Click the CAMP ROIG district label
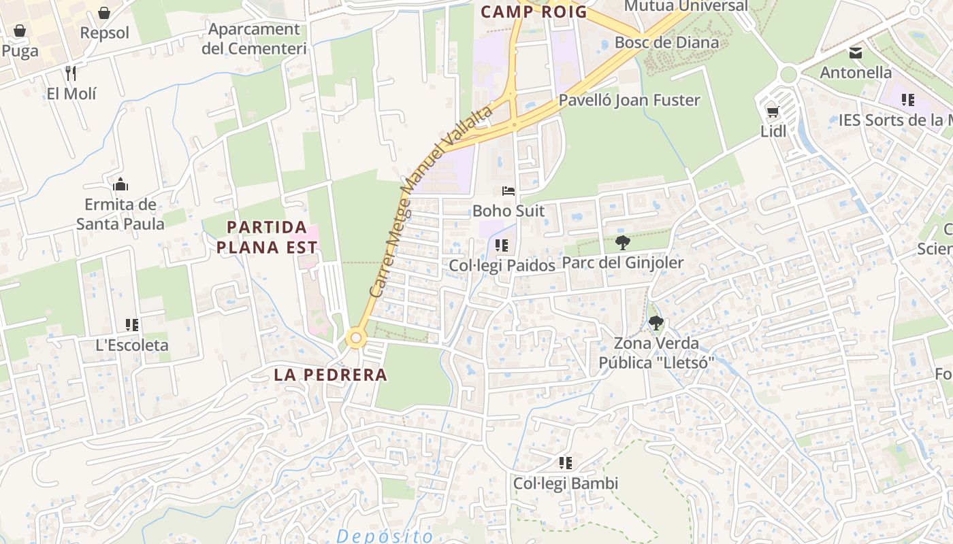(x=534, y=12)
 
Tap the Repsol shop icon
(x=104, y=13)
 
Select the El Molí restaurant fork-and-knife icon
(x=71, y=73)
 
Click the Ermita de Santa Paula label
(x=120, y=214)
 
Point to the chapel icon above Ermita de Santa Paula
(x=120, y=184)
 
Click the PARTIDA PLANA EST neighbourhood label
(x=267, y=237)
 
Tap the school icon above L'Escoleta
(x=132, y=325)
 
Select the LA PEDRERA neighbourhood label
(x=330, y=374)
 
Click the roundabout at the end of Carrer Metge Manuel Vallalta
(x=355, y=337)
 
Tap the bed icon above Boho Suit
(x=508, y=190)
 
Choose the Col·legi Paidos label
(x=502, y=265)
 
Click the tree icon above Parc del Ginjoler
(x=622, y=242)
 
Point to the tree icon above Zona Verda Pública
(x=656, y=323)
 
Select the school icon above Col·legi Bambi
(x=566, y=463)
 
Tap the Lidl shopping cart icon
(x=773, y=112)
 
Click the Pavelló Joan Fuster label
(x=629, y=100)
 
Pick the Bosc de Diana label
(x=666, y=42)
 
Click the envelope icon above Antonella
(x=856, y=52)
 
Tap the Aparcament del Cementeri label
(x=254, y=39)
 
